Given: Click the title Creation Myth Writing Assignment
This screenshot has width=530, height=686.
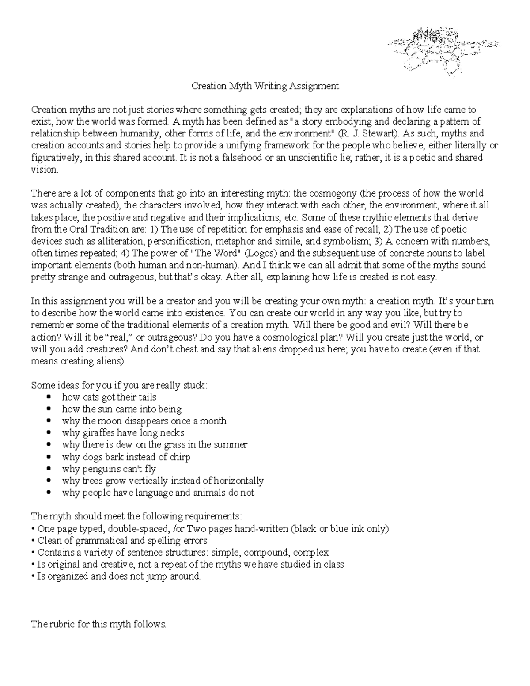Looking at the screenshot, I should point(265,86).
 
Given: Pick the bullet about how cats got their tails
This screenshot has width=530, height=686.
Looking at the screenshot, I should point(109,397).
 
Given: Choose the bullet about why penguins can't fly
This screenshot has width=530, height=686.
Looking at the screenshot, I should point(109,469).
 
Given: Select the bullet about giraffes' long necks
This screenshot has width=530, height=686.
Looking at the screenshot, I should point(123,433).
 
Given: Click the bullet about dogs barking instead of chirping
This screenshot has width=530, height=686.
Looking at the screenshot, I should point(126,457).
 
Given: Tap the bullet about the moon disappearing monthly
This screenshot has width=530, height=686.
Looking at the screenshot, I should point(144,421).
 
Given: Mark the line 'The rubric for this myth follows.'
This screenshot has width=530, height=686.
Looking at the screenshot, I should point(98,624).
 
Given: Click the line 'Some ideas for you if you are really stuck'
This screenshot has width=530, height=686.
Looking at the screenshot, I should point(118,385).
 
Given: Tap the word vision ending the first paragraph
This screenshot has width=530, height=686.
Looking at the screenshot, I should point(44,170).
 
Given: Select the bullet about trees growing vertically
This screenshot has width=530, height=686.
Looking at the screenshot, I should point(163,481).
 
